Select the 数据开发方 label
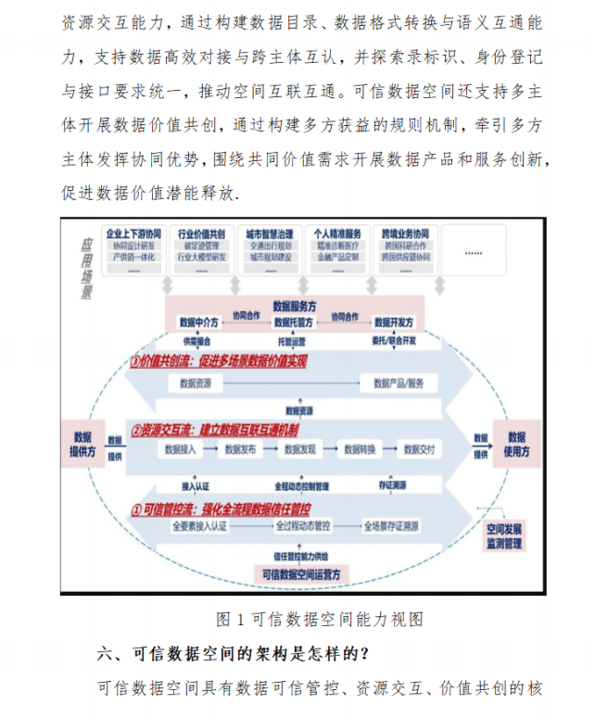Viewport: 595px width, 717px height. pos(394,322)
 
